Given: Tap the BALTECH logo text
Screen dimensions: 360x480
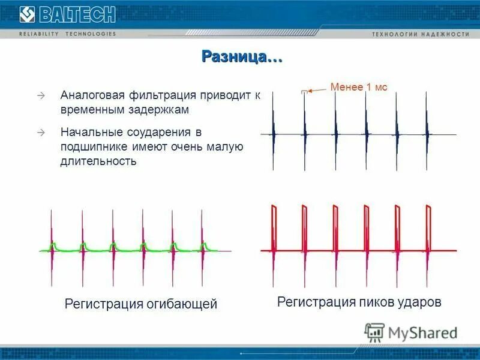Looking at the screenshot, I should [x=73, y=14].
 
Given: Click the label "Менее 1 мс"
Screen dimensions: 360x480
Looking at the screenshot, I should [x=359, y=88].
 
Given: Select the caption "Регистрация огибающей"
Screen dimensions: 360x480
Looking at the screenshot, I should [x=140, y=304].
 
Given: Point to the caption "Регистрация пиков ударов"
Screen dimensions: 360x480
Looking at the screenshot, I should [x=359, y=302].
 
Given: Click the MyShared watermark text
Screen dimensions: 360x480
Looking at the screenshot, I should [x=422, y=332].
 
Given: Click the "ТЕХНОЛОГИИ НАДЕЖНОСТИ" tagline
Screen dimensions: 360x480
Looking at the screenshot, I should [x=420, y=34].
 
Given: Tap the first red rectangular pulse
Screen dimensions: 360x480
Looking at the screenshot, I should [x=274, y=228].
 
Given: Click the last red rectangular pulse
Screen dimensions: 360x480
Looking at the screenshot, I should [x=429, y=228].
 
